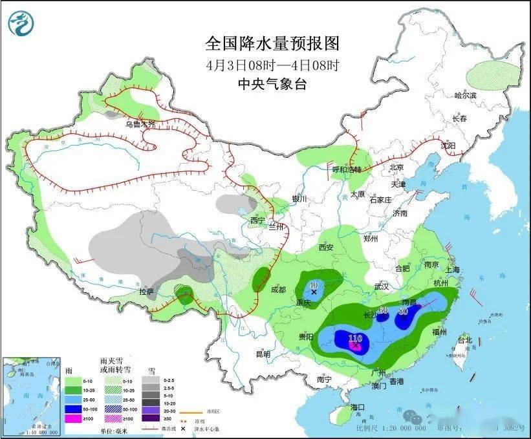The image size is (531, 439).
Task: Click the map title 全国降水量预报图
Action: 272,43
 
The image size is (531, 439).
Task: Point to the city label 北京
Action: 396,167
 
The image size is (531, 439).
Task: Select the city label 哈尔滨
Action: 464,96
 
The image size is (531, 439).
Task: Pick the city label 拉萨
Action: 147,292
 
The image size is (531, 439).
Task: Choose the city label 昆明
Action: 263,354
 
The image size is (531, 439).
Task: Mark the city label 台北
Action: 464,340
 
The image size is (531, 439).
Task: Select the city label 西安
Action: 325,248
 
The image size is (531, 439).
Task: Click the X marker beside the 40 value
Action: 314,292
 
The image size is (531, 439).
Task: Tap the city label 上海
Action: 452,270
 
